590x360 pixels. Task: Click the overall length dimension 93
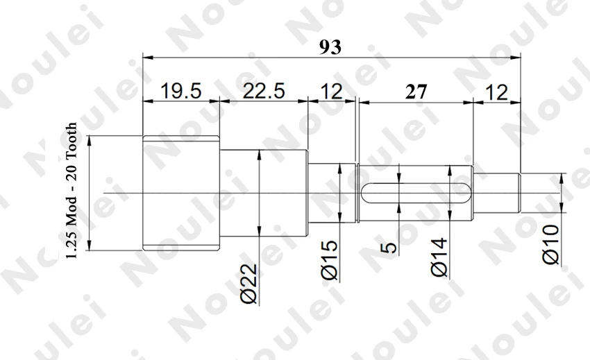tap(330, 47)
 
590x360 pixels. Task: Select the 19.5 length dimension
tap(181, 91)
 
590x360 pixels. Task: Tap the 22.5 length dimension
tap(263, 91)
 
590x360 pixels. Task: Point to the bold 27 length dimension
tap(416, 92)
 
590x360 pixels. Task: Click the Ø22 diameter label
tap(248, 284)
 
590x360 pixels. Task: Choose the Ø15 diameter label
tap(330, 260)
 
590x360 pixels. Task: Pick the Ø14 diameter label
tap(439, 257)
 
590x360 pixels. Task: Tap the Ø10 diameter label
tap(551, 244)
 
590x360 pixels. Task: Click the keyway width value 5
tap(389, 248)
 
